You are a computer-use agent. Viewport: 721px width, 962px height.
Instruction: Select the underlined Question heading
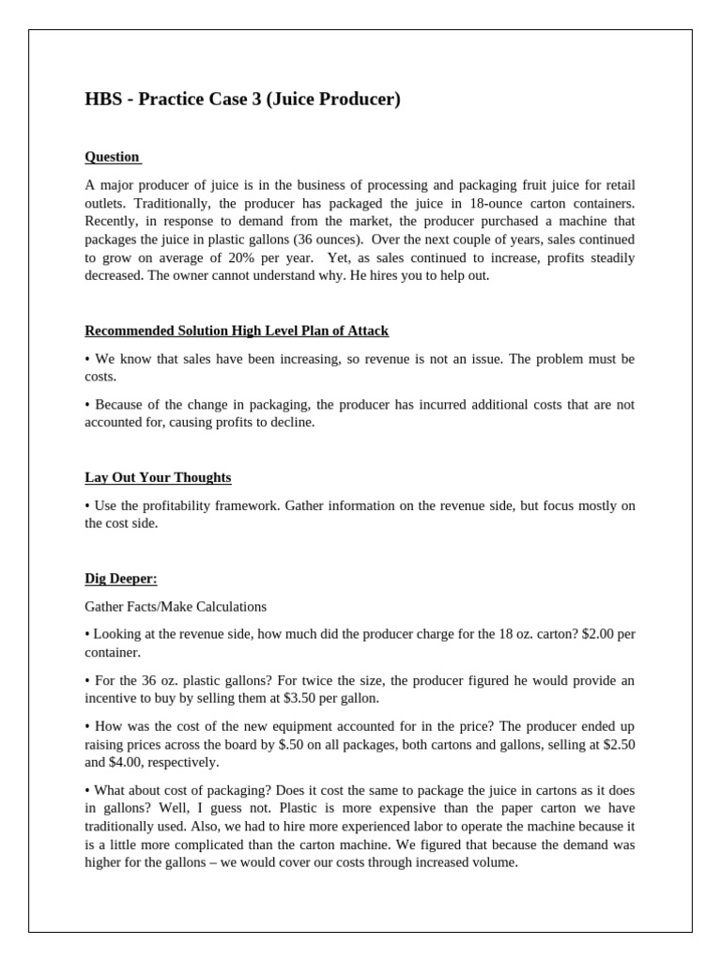point(112,157)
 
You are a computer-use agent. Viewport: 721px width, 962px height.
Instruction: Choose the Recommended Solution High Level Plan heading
point(237,331)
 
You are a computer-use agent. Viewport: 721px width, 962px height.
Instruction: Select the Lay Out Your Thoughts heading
point(158,477)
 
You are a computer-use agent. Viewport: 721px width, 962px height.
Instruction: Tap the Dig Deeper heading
point(121,579)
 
